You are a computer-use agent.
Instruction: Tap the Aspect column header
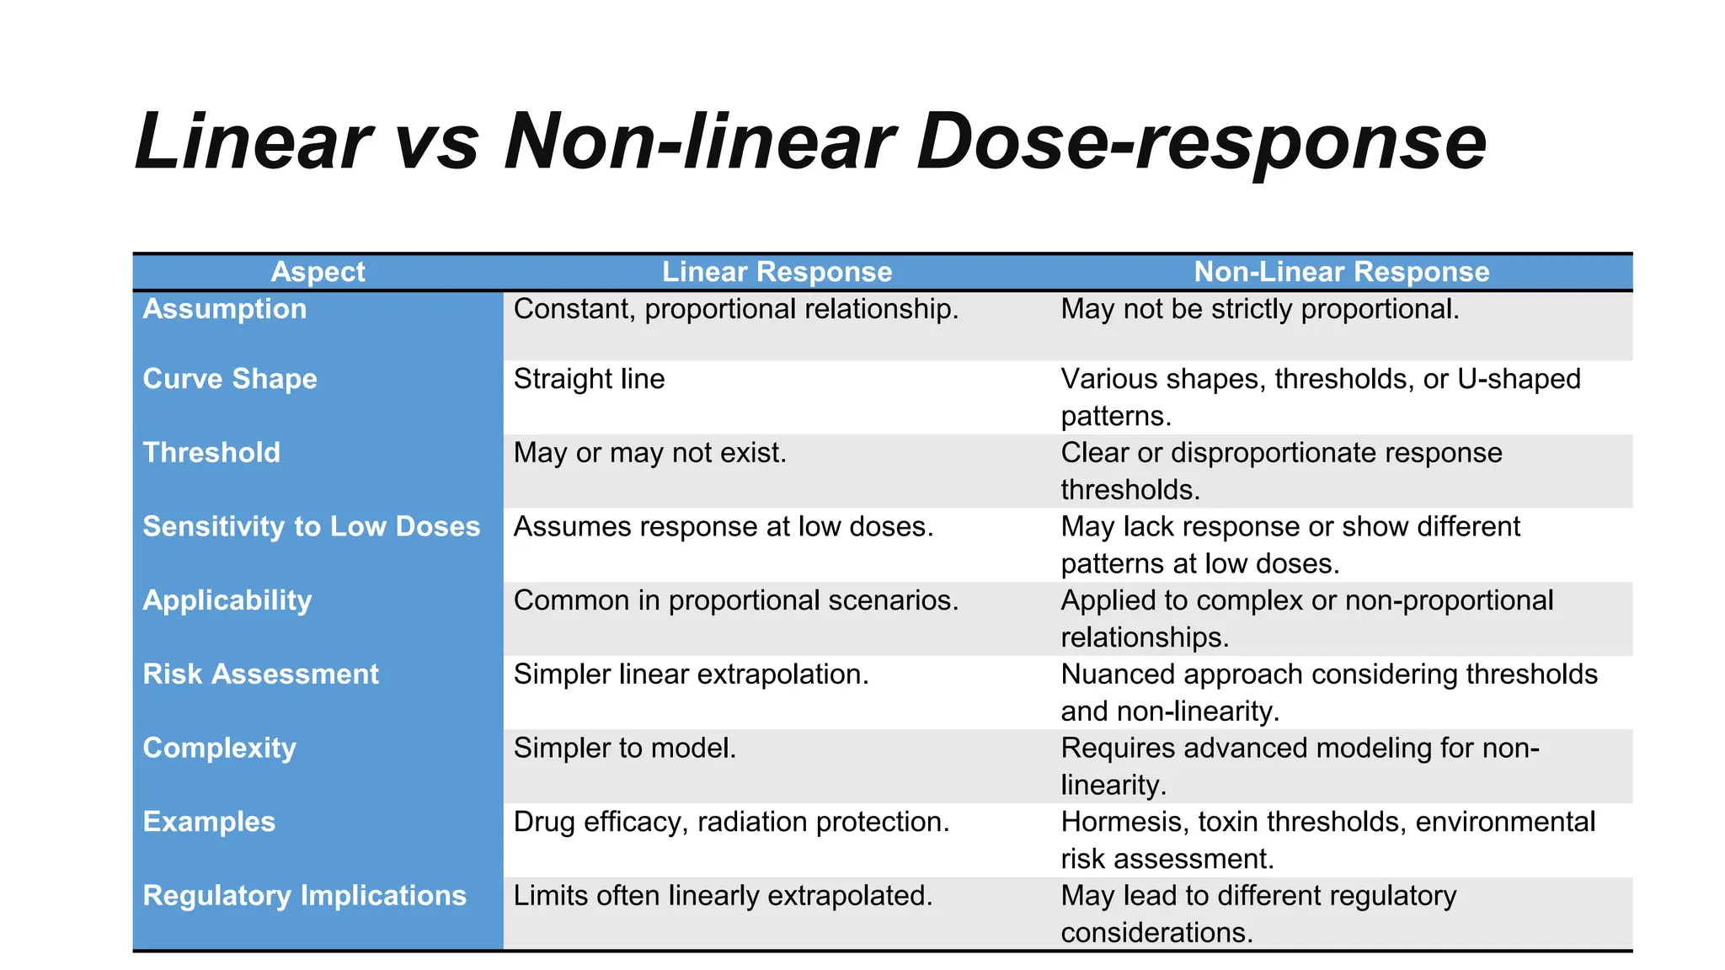coord(318,272)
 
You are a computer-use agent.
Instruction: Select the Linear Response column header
coord(777,272)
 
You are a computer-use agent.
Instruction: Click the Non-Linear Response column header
coord(1341,272)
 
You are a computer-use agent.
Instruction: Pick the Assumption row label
coord(225,309)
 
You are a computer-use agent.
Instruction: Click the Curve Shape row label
coord(230,379)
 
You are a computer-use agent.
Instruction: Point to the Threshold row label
coord(211,453)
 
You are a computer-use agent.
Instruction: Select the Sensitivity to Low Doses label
coord(311,526)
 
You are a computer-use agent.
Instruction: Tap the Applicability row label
coord(227,600)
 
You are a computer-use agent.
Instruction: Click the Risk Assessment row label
coord(261,674)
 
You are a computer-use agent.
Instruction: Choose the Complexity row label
coord(220,748)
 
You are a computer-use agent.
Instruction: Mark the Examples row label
coord(209,822)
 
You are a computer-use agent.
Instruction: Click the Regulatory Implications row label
coord(304,896)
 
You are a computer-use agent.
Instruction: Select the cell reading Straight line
coord(589,379)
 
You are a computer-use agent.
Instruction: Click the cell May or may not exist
coord(649,453)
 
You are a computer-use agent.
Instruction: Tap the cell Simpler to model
coord(625,748)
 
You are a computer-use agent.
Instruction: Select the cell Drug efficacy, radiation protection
coord(731,822)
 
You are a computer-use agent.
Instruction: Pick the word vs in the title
coord(437,143)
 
